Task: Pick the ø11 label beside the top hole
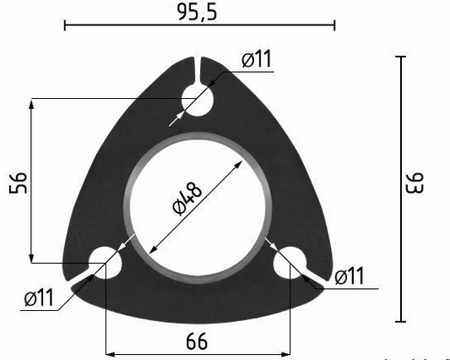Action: [256, 59]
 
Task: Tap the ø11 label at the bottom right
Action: [348, 275]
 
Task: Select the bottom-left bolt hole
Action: [106, 264]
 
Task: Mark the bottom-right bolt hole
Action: [292, 264]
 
